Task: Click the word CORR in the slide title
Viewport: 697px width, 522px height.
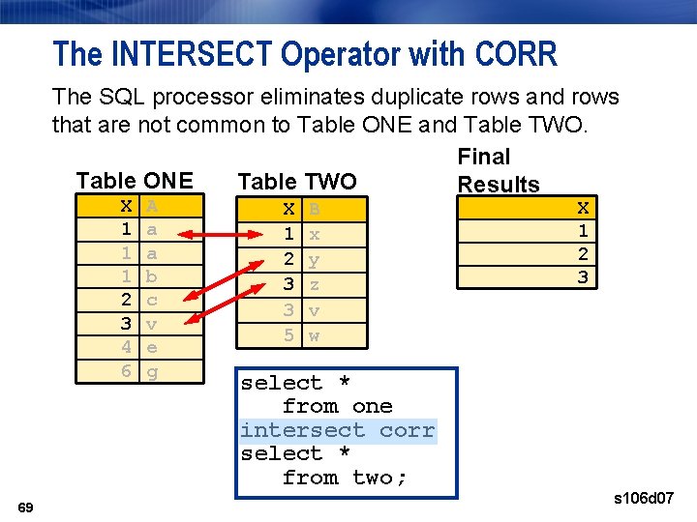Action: pyautogui.click(x=517, y=54)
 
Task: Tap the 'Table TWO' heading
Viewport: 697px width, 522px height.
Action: pyautogui.click(x=297, y=182)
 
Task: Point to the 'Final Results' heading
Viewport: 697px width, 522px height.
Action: pyautogui.click(x=498, y=170)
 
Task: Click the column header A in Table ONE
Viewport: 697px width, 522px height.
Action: pyautogui.click(x=152, y=206)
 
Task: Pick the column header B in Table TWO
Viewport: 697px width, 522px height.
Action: pyautogui.click(x=314, y=210)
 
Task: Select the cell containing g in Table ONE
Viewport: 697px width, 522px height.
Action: pyautogui.click(x=152, y=369)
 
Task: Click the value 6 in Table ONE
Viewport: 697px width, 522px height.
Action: pyautogui.click(x=126, y=369)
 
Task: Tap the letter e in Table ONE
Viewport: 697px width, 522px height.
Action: pyautogui.click(x=152, y=346)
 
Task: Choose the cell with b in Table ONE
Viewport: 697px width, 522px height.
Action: pyautogui.click(x=152, y=276)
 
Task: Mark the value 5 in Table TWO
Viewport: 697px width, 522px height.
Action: pyautogui.click(x=288, y=335)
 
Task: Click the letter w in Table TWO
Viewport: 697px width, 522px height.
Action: pyautogui.click(x=314, y=335)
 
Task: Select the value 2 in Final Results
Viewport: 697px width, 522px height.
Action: pyautogui.click(x=583, y=254)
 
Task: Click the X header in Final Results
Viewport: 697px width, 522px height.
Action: pyautogui.click(x=583, y=208)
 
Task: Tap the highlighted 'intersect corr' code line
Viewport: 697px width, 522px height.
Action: pyautogui.click(x=338, y=430)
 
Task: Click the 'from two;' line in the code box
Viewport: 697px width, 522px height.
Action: pyautogui.click(x=345, y=478)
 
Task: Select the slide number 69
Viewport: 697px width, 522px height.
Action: pyautogui.click(x=26, y=507)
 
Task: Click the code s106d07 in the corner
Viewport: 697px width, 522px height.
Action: pyautogui.click(x=644, y=499)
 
